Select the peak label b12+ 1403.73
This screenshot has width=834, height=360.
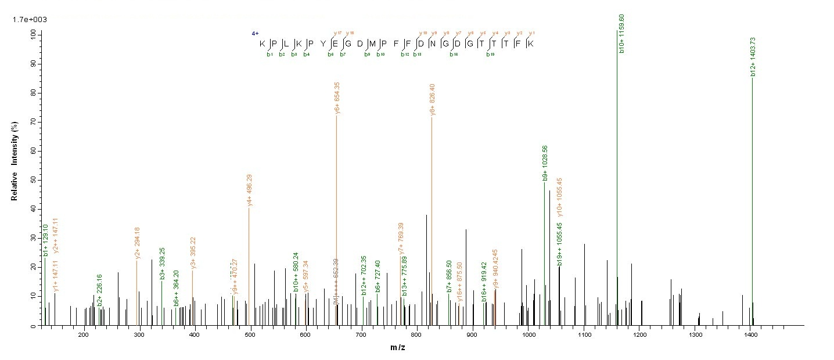click(753, 56)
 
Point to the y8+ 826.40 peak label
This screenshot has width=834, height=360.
click(433, 99)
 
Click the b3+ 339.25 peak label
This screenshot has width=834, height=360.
click(163, 264)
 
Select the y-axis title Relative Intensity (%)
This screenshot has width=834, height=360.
click(14, 165)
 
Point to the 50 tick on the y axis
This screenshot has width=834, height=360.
click(33, 180)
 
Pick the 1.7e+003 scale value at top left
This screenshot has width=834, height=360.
click(30, 20)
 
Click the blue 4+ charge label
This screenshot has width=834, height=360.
click(255, 34)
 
